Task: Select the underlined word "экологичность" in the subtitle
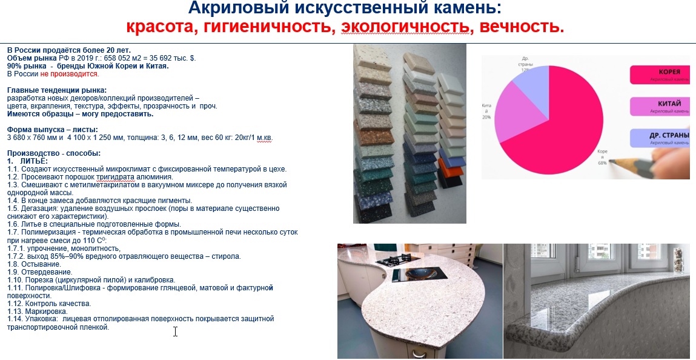pos(405,27)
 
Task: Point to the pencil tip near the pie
pos(612,161)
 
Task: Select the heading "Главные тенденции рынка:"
pos(56,90)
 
